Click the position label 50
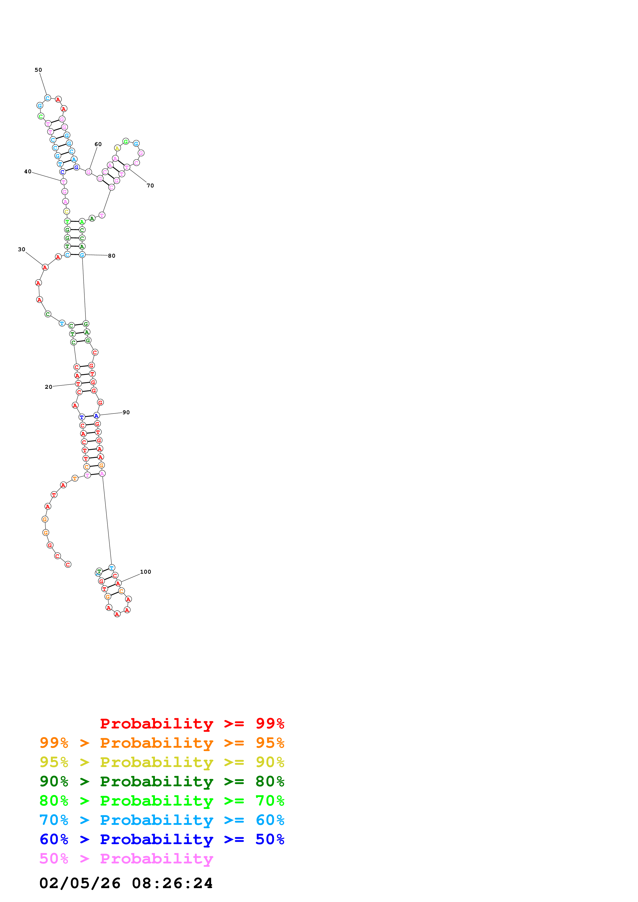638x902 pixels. (38, 70)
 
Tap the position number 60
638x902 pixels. (98, 144)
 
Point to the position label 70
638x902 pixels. (150, 185)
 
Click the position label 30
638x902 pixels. (22, 249)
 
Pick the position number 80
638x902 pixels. (112, 256)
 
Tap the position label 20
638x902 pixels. (48, 387)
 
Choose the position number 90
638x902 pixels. (126, 412)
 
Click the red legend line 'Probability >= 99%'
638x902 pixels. (192, 723)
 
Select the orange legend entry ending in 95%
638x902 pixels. (162, 743)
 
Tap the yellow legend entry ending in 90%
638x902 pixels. (162, 762)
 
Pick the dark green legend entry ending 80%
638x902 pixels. (162, 781)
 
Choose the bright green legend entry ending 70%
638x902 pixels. (162, 801)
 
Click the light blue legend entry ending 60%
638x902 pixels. (162, 820)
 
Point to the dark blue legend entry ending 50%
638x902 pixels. (162, 839)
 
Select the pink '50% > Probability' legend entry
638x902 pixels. (126, 858)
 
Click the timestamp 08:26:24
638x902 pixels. (172, 883)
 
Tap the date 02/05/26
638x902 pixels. (80, 883)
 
